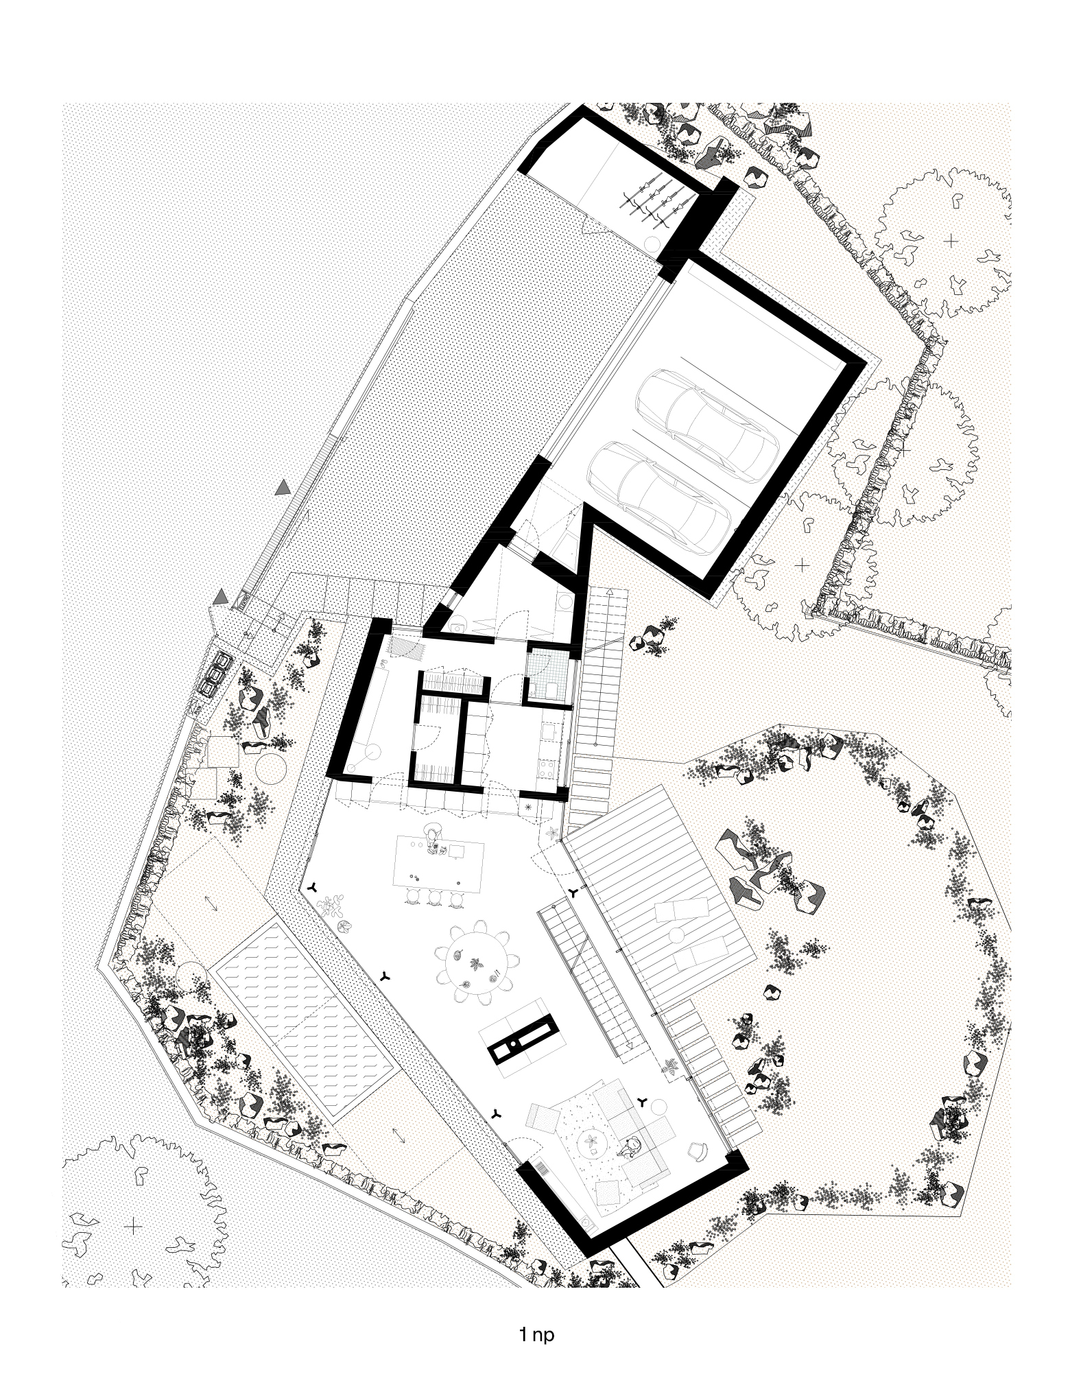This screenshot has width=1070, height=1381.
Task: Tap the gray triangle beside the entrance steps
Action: (x=220, y=598)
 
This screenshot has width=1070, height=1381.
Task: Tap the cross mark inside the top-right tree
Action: (x=950, y=241)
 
